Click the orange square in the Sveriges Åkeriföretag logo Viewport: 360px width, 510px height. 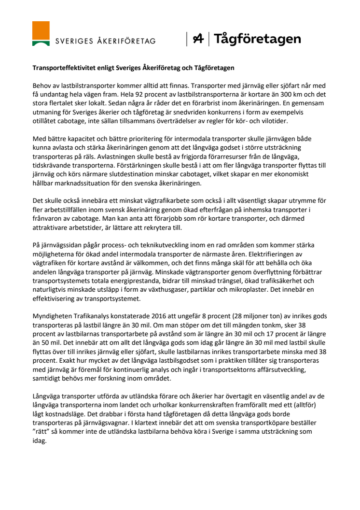[41, 30]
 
